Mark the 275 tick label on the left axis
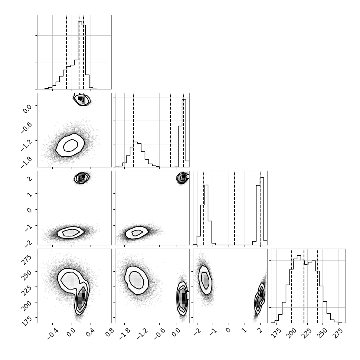click(27, 259)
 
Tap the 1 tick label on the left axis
click(30, 194)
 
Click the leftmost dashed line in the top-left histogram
click(66, 52)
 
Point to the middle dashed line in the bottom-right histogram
click(304, 286)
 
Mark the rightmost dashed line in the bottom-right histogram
click(317, 286)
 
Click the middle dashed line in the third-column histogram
click(235, 208)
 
